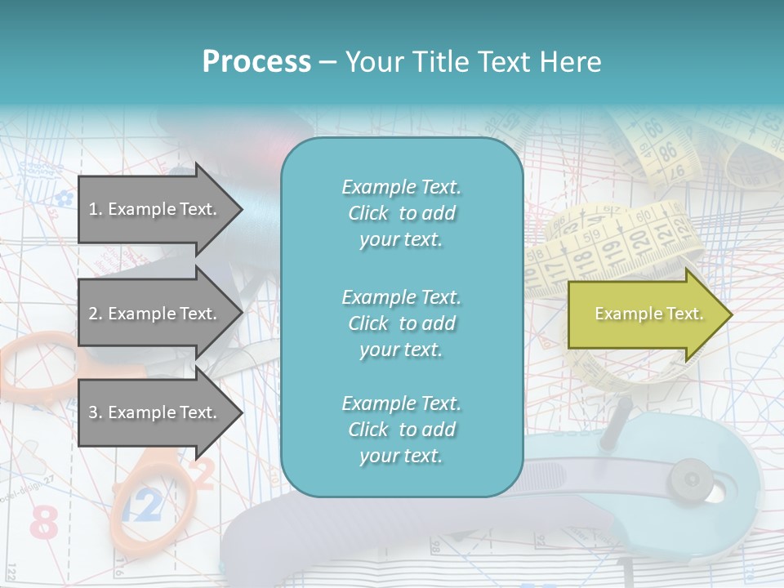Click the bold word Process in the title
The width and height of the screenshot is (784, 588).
tap(256, 61)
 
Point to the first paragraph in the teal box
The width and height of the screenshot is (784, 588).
tap(401, 213)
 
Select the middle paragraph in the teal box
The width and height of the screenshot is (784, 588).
tap(401, 323)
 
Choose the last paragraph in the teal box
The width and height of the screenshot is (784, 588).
tap(401, 430)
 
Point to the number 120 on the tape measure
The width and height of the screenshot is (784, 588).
tap(639, 240)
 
